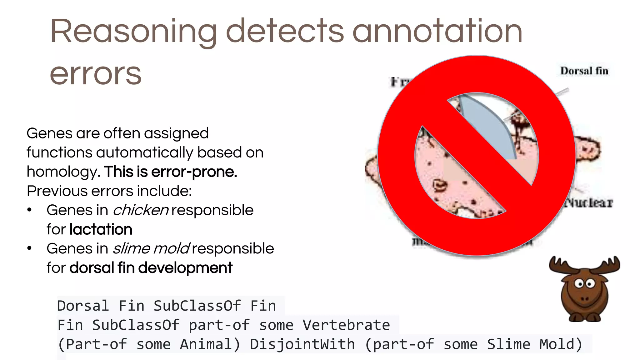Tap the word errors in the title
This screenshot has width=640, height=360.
(x=96, y=74)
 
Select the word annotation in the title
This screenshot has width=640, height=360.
(x=437, y=31)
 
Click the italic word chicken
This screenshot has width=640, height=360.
(x=141, y=210)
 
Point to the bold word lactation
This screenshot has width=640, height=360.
(x=101, y=229)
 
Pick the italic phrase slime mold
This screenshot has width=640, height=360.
(x=151, y=249)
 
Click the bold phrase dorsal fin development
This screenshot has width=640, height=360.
(x=151, y=268)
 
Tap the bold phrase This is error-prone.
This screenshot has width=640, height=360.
(x=171, y=172)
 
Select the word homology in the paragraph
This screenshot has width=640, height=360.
(x=62, y=172)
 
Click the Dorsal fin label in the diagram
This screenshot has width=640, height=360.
(x=584, y=71)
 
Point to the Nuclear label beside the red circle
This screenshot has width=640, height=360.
(x=589, y=203)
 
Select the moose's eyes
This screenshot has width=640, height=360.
(x=585, y=284)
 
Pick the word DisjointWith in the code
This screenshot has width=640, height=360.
(x=302, y=344)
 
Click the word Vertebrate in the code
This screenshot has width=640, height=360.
(x=346, y=325)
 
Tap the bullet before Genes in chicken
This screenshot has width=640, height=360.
(x=29, y=210)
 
